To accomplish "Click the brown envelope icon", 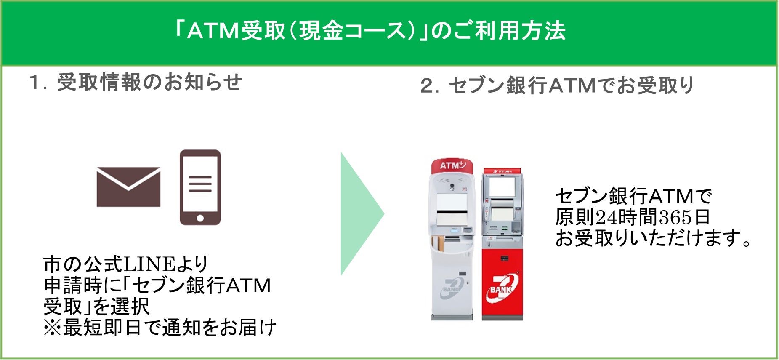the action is tap(128, 187).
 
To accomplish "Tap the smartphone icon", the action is tap(200, 187).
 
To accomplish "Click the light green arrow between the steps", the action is tap(361, 214).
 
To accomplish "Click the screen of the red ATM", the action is tap(502, 187).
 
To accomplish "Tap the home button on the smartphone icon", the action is tap(200, 218).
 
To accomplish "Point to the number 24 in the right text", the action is tap(607, 217).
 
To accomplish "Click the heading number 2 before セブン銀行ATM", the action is tap(429, 86).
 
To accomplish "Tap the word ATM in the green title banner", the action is tap(213, 31).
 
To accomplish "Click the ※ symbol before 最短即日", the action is tap(52, 328).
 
